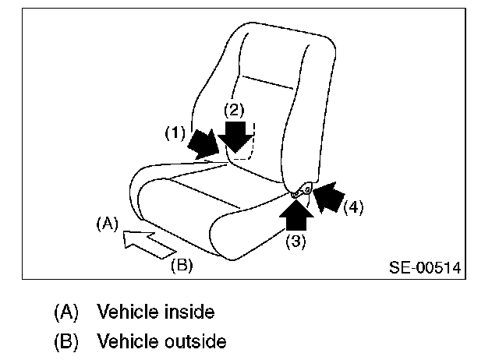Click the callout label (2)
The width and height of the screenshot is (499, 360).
(235, 109)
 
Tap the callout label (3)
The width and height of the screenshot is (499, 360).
(296, 241)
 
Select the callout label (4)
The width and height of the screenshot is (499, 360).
(354, 207)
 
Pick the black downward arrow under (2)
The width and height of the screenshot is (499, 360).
(235, 136)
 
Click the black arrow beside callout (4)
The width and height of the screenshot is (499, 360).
(328, 195)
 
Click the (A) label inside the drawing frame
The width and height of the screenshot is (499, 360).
(106, 224)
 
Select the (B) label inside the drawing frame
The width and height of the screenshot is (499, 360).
(181, 265)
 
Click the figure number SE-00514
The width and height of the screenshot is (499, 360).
(424, 268)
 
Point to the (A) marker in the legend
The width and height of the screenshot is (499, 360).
(67, 313)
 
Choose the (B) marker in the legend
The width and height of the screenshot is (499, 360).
(67, 341)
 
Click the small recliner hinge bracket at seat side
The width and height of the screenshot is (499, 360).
(303, 189)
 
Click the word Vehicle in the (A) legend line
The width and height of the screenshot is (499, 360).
(126, 313)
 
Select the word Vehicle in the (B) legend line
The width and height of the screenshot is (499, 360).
(126, 341)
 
